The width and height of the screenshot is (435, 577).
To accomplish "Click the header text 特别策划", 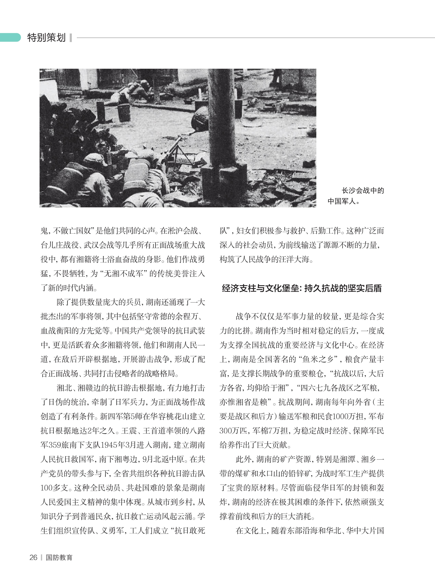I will (x=46, y=38).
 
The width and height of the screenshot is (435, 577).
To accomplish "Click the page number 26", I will (x=33, y=557).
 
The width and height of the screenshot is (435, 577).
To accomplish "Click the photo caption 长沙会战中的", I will (x=363, y=191).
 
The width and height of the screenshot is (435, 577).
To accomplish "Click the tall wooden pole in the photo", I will (x=218, y=117).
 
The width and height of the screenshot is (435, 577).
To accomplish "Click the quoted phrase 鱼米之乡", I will (x=318, y=360).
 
